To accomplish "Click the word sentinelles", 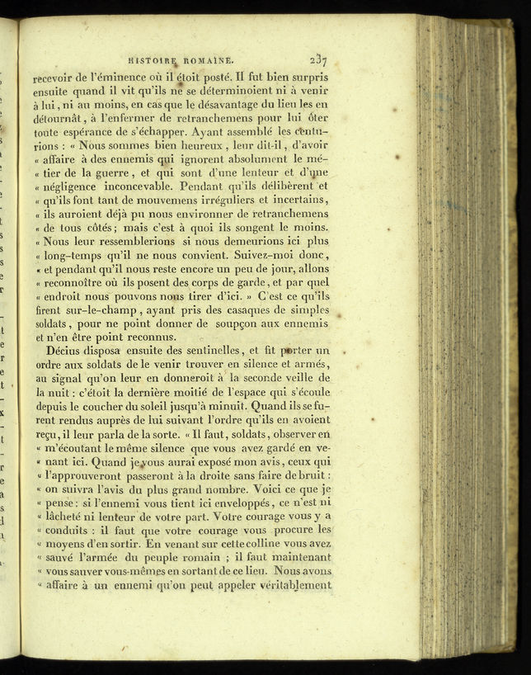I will pyautogui.click(x=233, y=352).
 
